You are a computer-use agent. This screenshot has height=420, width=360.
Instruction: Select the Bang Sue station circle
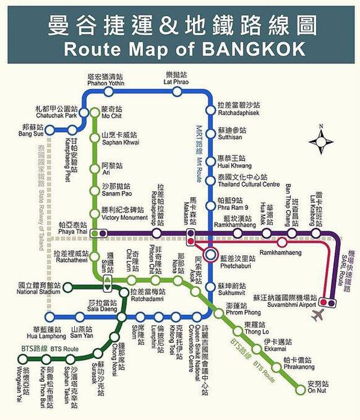(49, 130)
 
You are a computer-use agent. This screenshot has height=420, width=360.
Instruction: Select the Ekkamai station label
(276, 345)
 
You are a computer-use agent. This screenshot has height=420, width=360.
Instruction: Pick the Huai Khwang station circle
(210, 162)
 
